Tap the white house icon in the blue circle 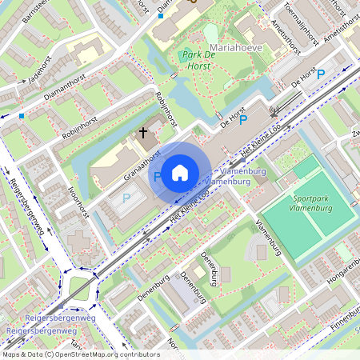coord(180,173)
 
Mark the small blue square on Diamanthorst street coord(22,115)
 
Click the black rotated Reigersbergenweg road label coord(27,209)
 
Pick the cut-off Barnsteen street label coord(36,12)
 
